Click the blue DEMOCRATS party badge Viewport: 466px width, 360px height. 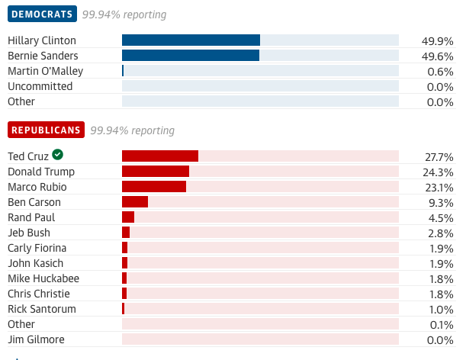point(42,14)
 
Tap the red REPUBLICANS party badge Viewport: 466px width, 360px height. point(46,130)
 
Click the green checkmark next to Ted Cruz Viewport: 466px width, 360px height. point(58,156)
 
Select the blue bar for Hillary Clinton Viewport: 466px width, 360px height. point(191,40)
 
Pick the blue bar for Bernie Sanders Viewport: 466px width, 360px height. point(191,56)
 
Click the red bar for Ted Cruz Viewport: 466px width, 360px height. point(160,156)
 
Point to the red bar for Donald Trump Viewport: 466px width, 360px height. point(156,172)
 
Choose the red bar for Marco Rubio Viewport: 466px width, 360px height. point(154,187)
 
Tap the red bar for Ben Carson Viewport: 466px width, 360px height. point(135,202)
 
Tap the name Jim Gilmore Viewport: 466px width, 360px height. point(36,339)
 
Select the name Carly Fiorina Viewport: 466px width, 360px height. point(37,248)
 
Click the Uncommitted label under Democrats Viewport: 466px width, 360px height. point(40,86)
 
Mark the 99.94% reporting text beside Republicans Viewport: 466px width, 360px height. point(132,130)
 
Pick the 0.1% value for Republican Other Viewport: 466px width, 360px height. point(441,325)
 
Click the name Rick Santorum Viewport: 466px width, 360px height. point(42,309)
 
